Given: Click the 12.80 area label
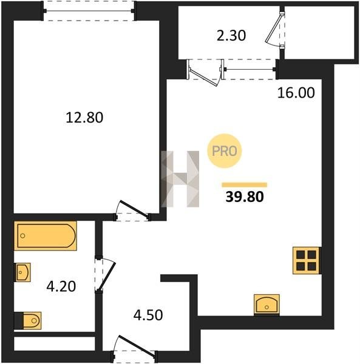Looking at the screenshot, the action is [84, 117].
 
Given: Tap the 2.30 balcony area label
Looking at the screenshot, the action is [231, 36].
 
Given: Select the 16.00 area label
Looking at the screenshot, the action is [296, 93].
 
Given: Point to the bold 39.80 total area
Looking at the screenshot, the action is [245, 197].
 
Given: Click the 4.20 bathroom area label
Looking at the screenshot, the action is [61, 286].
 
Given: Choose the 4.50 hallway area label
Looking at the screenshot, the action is [148, 315].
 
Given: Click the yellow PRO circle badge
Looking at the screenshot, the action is [225, 151].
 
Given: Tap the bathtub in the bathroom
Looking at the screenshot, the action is [46, 235].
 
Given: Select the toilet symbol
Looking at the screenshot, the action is [28, 320].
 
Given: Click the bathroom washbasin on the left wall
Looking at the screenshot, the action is [22, 272].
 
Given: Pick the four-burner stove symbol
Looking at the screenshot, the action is [306, 260].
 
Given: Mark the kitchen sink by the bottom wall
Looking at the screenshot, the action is [267, 305].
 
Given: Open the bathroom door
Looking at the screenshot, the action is [105, 274].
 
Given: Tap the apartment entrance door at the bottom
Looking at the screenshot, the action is [135, 347].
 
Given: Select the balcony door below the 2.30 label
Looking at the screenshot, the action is [204, 72].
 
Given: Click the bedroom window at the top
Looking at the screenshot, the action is [89, 11].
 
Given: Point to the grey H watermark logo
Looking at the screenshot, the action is [180, 179].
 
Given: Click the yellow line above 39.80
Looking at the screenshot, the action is [245, 185].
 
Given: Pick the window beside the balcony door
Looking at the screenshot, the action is [248, 69].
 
